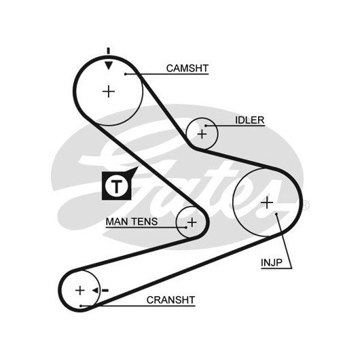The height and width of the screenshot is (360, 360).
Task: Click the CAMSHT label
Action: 187,68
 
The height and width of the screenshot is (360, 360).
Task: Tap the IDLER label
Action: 249,120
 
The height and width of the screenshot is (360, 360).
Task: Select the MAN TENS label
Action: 132,221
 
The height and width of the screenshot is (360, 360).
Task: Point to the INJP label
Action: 272,262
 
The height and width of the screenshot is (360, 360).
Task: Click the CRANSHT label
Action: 170,300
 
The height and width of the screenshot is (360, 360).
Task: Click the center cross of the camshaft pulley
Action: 109,92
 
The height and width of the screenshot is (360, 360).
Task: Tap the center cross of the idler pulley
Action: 202,134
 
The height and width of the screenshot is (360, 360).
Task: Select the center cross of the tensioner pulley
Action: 192,222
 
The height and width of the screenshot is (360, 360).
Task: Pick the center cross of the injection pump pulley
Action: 267,202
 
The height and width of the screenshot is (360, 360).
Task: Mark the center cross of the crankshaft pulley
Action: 80,291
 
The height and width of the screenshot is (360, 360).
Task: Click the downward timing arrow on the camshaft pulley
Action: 109,65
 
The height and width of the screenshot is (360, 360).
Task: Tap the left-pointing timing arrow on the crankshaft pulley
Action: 96,291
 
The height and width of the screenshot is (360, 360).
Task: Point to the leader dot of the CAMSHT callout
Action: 126,74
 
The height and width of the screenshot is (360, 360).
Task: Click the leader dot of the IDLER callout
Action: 206,126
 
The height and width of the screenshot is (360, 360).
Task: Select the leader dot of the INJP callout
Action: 276,214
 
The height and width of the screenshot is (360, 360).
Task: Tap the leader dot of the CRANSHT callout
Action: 81,306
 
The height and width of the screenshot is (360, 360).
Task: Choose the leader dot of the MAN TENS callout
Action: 186,228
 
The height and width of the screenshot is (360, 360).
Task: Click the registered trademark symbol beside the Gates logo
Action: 306,205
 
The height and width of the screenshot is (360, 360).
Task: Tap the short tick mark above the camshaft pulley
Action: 109,51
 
